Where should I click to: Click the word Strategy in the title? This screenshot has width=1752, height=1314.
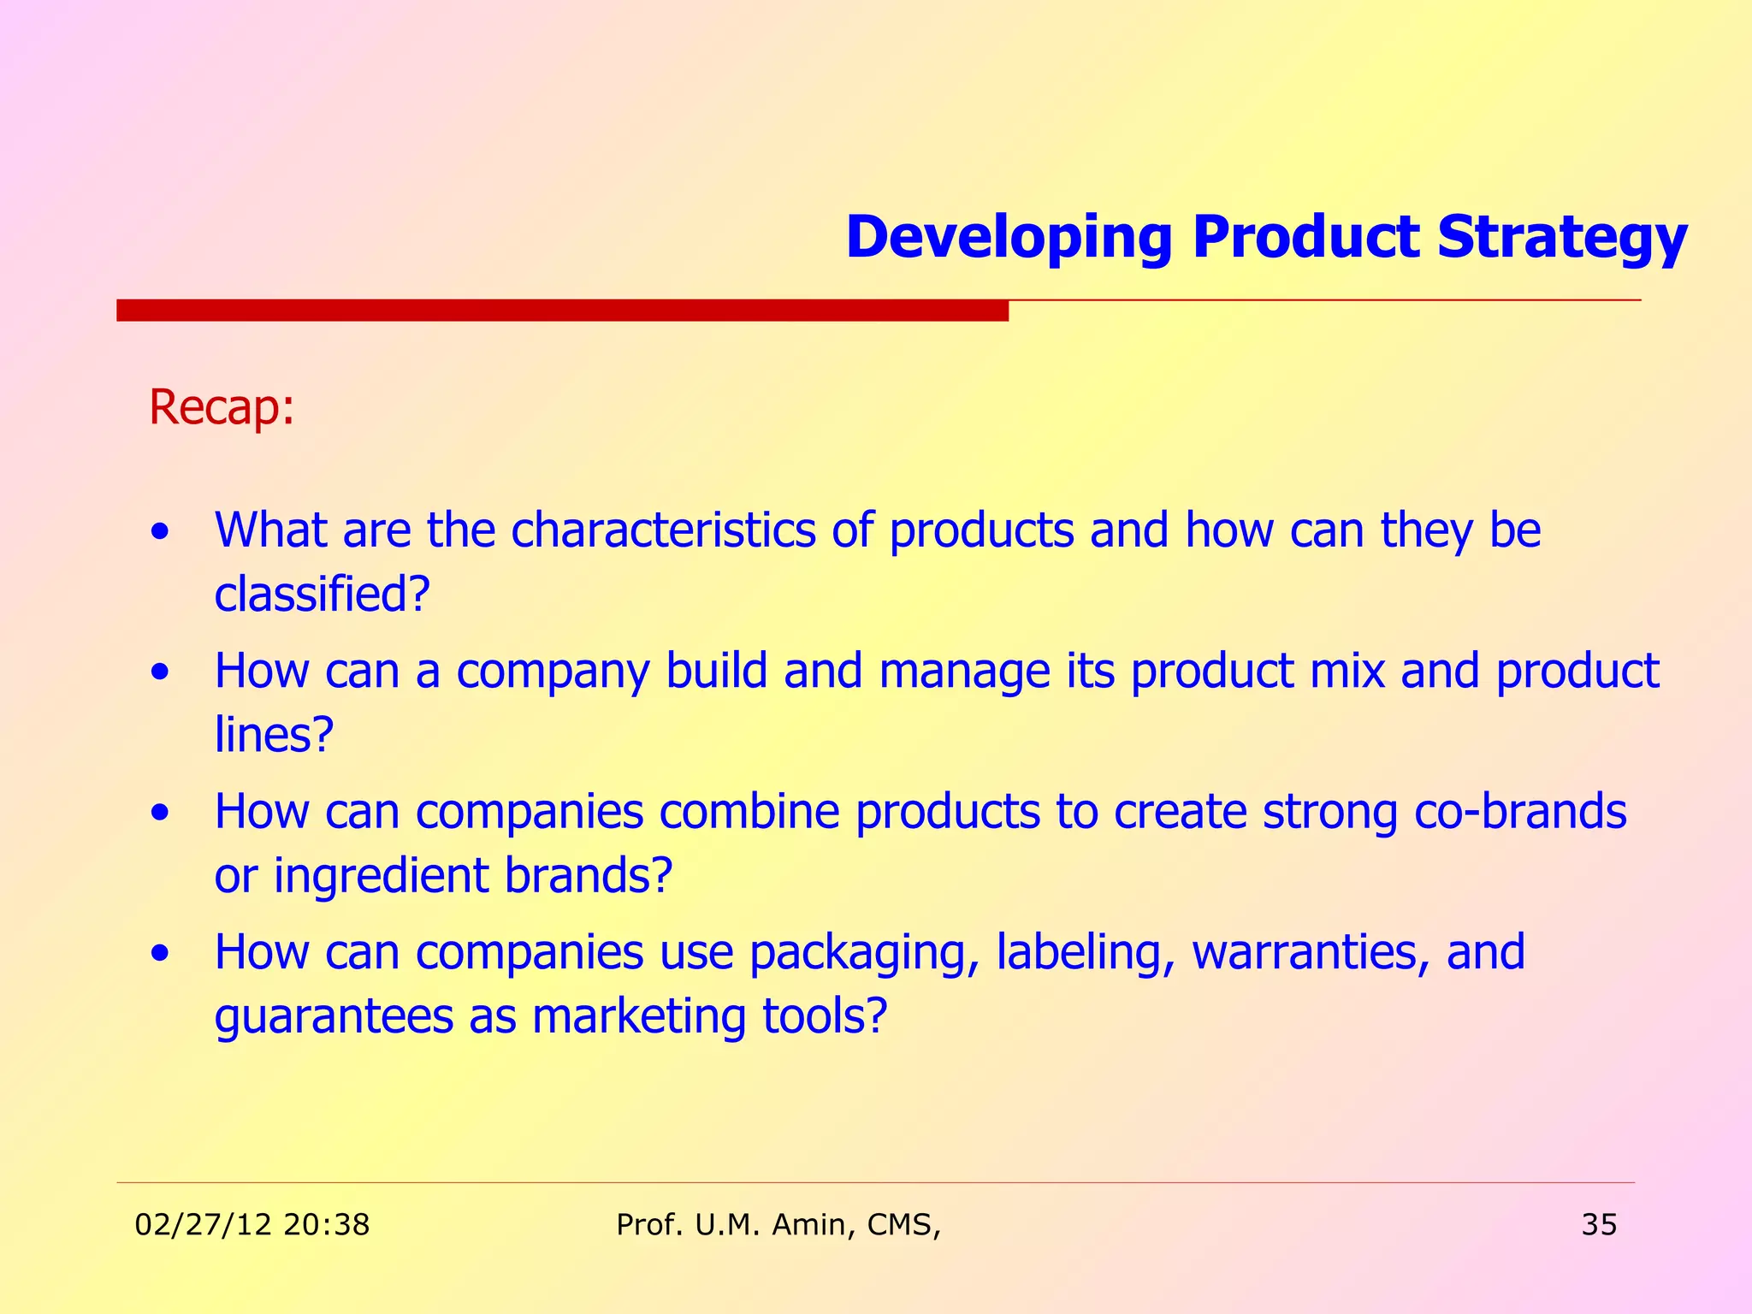click(x=1561, y=239)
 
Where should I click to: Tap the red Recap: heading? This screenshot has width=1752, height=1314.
click(x=222, y=407)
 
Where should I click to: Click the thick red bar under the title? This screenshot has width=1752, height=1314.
click(x=562, y=311)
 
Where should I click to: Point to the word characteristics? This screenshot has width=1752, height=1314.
click(x=663, y=530)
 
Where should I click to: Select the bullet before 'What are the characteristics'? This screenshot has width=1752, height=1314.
click(x=159, y=533)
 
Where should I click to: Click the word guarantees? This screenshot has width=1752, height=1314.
click(x=334, y=1017)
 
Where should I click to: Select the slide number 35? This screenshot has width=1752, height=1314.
click(x=1599, y=1225)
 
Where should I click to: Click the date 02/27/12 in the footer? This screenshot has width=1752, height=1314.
click(x=204, y=1225)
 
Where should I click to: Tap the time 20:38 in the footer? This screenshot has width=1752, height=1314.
click(x=326, y=1225)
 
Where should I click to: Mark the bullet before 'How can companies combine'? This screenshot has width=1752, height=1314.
click(x=159, y=814)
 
